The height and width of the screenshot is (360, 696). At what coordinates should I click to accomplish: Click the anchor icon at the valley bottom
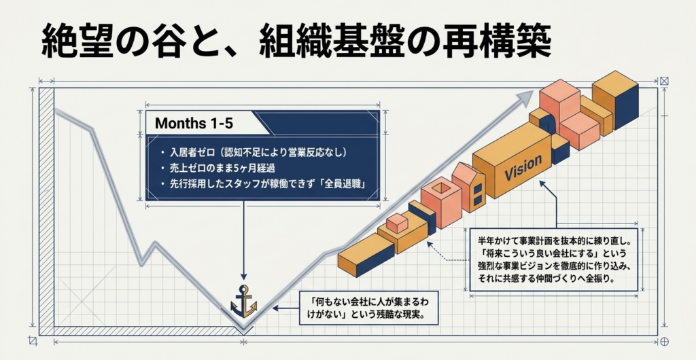244,301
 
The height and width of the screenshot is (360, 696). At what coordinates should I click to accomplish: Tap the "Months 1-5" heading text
194,124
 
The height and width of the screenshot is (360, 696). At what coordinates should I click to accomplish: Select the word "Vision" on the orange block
523,168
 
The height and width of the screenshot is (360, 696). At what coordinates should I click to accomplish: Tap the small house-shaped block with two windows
469,188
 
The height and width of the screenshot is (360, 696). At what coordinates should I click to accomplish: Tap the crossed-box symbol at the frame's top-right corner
664,81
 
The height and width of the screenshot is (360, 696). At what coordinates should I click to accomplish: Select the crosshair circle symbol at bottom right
664,342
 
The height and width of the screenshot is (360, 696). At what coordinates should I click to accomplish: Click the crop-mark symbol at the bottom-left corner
32,341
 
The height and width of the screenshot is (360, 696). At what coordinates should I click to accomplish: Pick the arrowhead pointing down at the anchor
244,275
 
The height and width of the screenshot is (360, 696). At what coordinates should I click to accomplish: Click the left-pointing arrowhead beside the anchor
276,307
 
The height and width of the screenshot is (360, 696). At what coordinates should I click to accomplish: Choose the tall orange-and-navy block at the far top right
615,101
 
